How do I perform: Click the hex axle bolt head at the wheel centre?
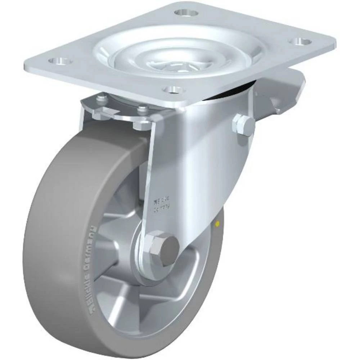pos(164,248)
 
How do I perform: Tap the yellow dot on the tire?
pos(217,224)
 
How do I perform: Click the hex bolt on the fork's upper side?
pos(244,125)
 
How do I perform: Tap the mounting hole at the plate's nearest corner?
pos(171,89)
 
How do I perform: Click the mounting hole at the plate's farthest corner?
pos(187,13)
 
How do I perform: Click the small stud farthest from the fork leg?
pos(102,98)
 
